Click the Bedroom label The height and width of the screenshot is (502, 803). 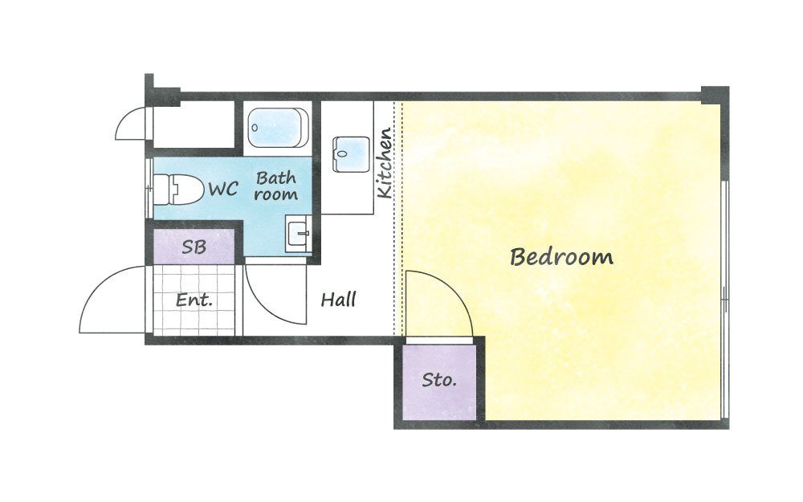click(x=561, y=257)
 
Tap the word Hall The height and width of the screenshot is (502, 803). click(x=338, y=299)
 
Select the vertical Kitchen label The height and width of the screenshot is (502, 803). click(x=385, y=163)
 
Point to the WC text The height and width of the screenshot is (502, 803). click(x=223, y=189)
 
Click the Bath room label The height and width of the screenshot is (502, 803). click(x=276, y=186)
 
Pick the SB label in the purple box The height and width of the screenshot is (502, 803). click(x=194, y=247)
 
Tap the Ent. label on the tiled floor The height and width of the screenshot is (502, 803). click(x=194, y=300)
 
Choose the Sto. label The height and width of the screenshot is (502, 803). click(x=439, y=380)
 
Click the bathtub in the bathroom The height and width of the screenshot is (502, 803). click(x=278, y=127)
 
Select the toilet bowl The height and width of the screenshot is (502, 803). click(x=177, y=189)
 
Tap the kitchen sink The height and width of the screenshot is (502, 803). click(x=351, y=154)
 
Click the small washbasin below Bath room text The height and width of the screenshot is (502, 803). click(x=298, y=234)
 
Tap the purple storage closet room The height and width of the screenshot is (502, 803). click(x=439, y=382)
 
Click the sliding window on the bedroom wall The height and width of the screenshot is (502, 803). click(x=724, y=300)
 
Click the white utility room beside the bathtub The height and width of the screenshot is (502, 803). click(x=194, y=124)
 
